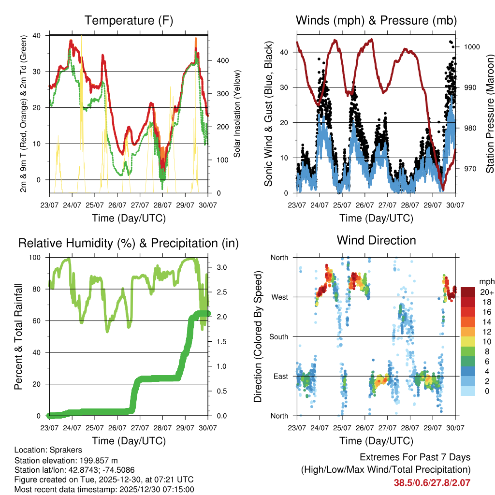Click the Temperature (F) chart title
pyautogui.click(x=129, y=20)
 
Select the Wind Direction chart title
pyautogui.click(x=376, y=240)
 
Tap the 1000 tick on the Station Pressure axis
pyautogui.click(x=471, y=47)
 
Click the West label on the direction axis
pyautogui.click(x=279, y=297)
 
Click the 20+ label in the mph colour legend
pyautogui.click(x=486, y=292)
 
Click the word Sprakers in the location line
pyautogui.click(x=65, y=450)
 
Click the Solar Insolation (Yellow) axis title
pyautogui.click(x=237, y=114)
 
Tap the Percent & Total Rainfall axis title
pyautogui.click(x=18, y=336)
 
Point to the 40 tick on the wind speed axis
pyautogui.click(x=288, y=52)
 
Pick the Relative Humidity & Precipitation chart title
pyautogui.click(x=129, y=243)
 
